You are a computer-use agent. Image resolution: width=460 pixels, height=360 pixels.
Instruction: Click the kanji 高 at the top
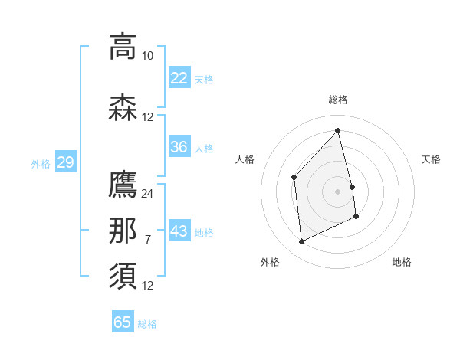click(x=123, y=46)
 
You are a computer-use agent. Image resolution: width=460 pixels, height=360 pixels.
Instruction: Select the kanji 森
click(x=123, y=107)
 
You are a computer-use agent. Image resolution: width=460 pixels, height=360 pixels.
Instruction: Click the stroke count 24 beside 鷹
click(x=147, y=193)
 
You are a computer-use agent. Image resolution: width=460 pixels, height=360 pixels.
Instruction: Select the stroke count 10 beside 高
click(x=147, y=56)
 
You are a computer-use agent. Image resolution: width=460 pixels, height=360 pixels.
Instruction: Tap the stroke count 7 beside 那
click(x=147, y=240)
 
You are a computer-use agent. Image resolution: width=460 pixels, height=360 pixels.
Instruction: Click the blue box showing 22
click(x=179, y=78)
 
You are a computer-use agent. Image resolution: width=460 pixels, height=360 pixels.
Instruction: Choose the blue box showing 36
click(x=179, y=147)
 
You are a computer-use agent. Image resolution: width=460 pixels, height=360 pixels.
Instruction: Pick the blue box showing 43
click(x=179, y=231)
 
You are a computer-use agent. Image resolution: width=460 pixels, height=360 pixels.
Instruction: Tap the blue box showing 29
click(x=65, y=162)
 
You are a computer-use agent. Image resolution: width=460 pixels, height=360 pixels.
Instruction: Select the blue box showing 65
click(x=123, y=322)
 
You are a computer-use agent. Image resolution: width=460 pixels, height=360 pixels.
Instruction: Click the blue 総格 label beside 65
click(x=147, y=324)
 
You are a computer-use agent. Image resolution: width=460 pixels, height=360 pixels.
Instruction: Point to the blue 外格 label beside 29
click(x=41, y=163)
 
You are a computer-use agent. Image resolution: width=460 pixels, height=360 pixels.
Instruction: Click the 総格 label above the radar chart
click(x=337, y=100)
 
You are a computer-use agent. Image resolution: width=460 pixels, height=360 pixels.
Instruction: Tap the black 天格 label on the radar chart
click(x=431, y=159)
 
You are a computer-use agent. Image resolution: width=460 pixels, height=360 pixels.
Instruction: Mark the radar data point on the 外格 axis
click(x=301, y=242)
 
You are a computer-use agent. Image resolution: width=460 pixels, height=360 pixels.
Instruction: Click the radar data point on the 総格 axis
click(x=337, y=131)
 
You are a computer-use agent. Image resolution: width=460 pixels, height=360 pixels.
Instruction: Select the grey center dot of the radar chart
click(x=337, y=191)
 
